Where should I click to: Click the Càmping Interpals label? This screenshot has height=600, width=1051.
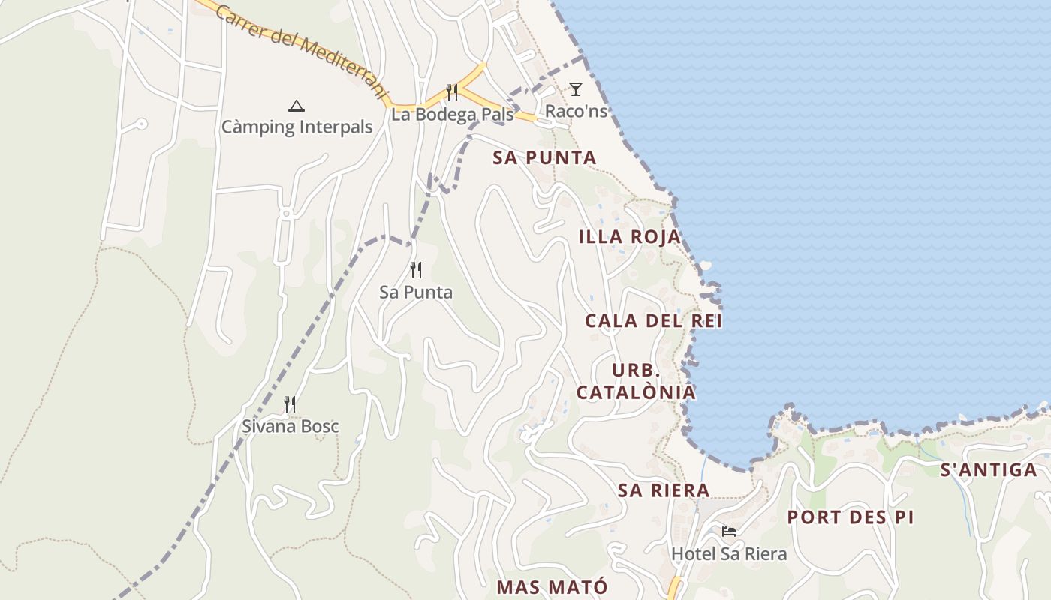[297, 127]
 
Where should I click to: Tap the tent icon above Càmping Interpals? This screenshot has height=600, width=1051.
[297, 106]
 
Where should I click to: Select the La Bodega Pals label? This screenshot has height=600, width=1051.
[452, 115]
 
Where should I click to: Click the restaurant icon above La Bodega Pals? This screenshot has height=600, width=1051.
[452, 92]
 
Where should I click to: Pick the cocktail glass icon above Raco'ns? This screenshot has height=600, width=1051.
[576, 90]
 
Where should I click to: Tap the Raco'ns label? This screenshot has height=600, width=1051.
[576, 111]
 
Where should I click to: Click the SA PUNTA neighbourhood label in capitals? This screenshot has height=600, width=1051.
[544, 158]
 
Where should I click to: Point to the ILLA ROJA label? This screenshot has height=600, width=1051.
[629, 237]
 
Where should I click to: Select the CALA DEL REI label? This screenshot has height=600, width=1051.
[653, 321]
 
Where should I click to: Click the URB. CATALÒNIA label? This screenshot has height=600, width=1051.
[636, 382]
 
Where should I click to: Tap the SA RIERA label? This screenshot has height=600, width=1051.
[664, 490]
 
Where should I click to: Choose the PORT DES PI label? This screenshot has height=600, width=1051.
[851, 517]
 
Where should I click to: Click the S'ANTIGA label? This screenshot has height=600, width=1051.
[989, 470]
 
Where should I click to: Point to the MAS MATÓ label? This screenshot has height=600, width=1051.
[552, 587]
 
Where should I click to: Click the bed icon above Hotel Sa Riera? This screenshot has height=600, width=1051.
[729, 532]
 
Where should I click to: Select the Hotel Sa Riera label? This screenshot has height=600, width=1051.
[729, 554]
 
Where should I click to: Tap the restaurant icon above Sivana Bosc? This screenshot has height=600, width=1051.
[290, 405]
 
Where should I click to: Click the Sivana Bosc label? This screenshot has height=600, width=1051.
[290, 427]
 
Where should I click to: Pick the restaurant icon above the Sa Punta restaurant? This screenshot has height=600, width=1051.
[416, 270]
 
